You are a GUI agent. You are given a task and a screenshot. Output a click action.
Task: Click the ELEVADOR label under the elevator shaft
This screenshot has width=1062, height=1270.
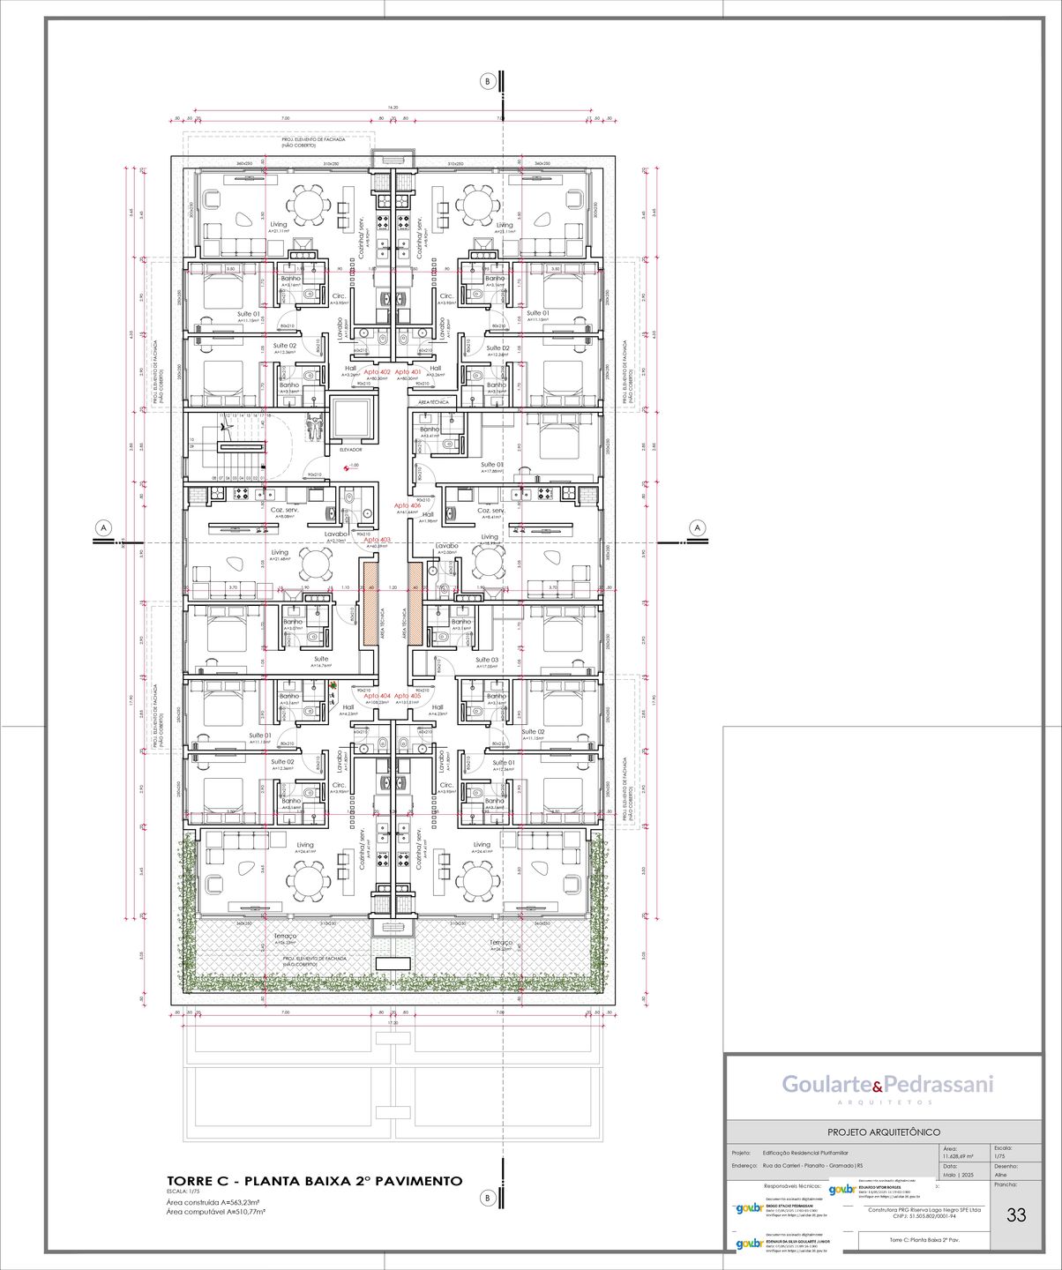click(x=350, y=449)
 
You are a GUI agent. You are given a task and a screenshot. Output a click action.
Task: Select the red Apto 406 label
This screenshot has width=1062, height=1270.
click(x=408, y=505)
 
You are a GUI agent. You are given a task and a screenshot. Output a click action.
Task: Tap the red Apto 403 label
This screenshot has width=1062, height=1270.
click(x=378, y=540)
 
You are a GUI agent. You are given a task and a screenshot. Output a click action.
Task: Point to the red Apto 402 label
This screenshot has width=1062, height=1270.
click(x=378, y=372)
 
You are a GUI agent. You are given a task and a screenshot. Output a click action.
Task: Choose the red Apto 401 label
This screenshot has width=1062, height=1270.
click(x=408, y=372)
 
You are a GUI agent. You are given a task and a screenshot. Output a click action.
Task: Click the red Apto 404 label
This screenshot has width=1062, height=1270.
click(x=378, y=696)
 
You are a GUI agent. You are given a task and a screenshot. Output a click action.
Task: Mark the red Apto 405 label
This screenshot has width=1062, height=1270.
click(x=408, y=696)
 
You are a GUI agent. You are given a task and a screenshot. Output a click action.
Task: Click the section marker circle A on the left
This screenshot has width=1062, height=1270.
click(x=104, y=527)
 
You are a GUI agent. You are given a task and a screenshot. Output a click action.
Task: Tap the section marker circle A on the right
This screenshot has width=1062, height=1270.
click(x=698, y=527)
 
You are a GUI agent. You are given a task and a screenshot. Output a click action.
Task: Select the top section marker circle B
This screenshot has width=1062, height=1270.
click(x=487, y=81)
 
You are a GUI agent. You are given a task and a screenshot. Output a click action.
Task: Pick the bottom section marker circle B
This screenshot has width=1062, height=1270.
click(x=487, y=1198)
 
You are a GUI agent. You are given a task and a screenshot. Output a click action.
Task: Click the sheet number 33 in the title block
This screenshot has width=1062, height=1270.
click(x=1016, y=1215)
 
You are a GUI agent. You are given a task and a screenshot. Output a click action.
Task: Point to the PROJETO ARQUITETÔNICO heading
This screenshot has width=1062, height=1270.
click(x=883, y=1132)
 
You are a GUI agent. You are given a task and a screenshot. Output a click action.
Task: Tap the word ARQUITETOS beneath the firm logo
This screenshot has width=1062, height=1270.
click(x=884, y=1102)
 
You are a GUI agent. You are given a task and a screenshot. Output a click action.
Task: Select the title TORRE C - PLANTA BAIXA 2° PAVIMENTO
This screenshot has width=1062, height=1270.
click(x=315, y=1181)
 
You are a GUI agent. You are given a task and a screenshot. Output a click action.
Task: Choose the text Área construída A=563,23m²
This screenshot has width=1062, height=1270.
click(x=215, y=1201)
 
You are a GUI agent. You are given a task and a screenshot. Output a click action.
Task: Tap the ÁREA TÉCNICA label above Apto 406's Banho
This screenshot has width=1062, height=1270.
click(x=434, y=402)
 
